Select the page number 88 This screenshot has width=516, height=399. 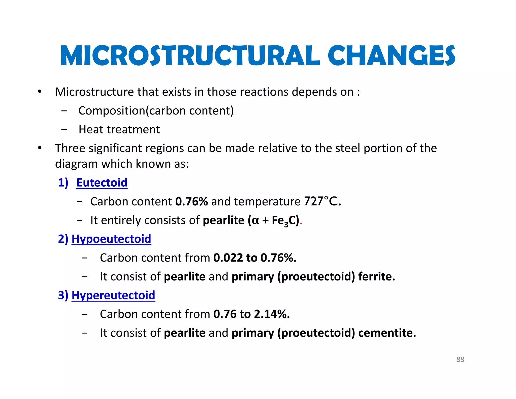[x=460, y=359]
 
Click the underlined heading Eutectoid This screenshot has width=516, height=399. [x=102, y=183]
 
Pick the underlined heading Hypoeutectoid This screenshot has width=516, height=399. [x=111, y=239]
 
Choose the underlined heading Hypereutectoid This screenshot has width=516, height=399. [x=113, y=295]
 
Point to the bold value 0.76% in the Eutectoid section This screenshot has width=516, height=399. [x=191, y=202]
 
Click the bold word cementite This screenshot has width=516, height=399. [x=387, y=333]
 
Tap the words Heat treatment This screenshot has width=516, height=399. [x=119, y=130]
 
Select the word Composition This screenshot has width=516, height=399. [x=112, y=111]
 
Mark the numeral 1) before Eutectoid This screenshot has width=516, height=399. [x=63, y=183]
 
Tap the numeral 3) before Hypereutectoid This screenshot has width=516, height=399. [x=63, y=295]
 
